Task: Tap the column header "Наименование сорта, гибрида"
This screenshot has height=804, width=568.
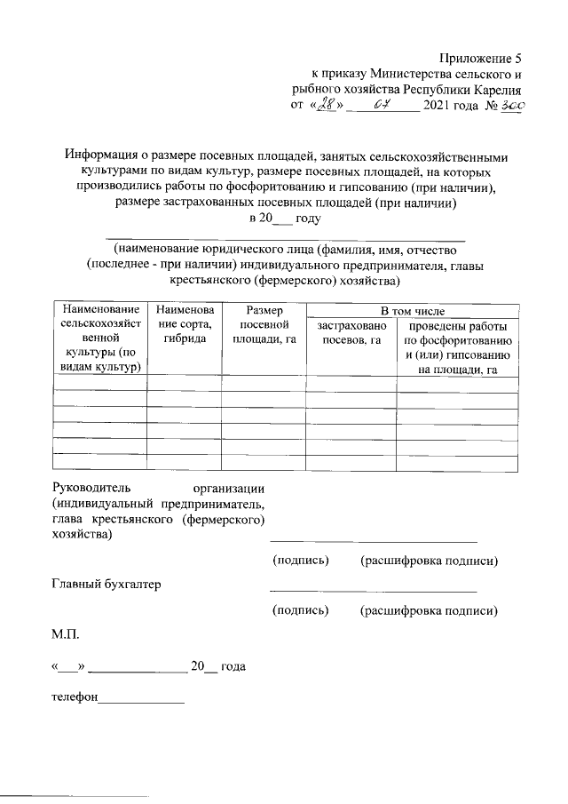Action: point(184,325)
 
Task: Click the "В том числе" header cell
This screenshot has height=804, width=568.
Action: point(413,311)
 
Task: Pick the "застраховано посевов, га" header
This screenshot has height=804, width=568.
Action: point(351,332)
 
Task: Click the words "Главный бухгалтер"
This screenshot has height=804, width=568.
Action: point(106,584)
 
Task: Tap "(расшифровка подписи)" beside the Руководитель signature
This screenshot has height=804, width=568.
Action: point(429,561)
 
